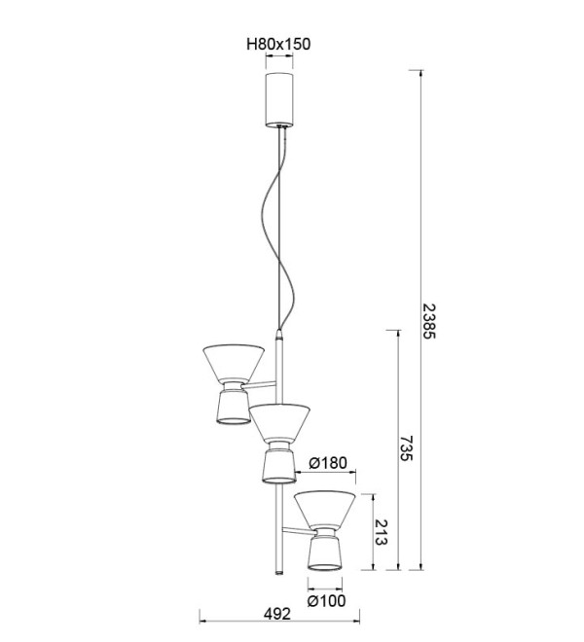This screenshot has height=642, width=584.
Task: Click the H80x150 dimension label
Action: [x=278, y=44]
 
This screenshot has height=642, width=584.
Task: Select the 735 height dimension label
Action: [x=406, y=448]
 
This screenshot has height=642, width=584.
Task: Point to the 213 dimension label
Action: [x=381, y=532]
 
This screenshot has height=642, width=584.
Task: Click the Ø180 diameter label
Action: [x=328, y=463]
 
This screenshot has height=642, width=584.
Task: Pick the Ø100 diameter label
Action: [x=326, y=600]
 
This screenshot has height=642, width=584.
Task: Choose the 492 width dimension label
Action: [x=277, y=614]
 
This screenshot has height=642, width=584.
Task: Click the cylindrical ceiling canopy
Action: [x=279, y=99]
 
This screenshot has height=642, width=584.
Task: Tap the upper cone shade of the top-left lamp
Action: [x=234, y=364]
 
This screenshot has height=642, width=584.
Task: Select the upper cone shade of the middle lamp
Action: [x=280, y=423]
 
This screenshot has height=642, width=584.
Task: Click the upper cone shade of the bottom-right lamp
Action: [x=325, y=510]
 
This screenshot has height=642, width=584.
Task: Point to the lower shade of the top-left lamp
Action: [x=233, y=407]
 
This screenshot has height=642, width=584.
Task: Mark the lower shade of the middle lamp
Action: [x=278, y=466]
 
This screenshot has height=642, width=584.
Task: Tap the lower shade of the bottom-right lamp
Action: [x=324, y=553]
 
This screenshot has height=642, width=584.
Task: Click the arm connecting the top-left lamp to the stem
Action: [x=259, y=385]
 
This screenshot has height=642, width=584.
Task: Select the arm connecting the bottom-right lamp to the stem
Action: [x=299, y=531]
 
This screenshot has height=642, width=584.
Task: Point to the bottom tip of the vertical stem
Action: [x=279, y=574]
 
